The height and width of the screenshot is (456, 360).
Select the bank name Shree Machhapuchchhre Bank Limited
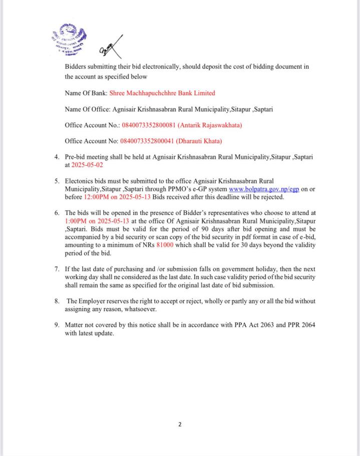(x=162, y=93)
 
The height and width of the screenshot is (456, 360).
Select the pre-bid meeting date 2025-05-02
(x=87, y=164)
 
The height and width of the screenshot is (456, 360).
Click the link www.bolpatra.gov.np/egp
(x=263, y=189)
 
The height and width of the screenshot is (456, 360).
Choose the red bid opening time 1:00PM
(x=76, y=220)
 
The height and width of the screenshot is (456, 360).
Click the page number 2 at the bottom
(x=180, y=424)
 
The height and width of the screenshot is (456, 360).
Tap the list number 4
(x=57, y=157)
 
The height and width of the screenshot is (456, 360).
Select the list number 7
(x=57, y=269)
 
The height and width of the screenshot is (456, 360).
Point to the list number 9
(x=57, y=325)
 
